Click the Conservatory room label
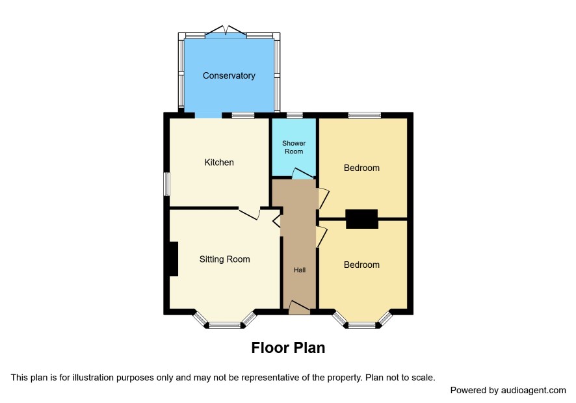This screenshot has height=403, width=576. pos(229,75)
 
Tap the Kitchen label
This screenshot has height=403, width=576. pos(219,162)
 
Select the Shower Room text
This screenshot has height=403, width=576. pos(294,148)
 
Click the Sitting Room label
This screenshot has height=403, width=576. pos(224,259)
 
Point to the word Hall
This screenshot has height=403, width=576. pos(300,270)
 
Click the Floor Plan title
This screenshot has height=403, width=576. pos(288,348)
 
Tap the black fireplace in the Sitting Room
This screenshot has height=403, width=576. pos(174,259)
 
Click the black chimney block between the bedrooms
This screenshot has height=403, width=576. pos(362,219)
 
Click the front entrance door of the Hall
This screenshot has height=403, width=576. pos(300,308)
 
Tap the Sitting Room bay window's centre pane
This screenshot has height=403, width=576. pos(225,325)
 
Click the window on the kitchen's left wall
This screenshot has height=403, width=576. pos(167,184)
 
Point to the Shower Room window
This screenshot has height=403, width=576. pos(295,115)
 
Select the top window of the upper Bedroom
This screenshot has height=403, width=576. pos(365,115)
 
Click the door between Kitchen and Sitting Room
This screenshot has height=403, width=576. pos(250,214)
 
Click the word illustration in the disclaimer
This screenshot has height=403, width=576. pos(94,378)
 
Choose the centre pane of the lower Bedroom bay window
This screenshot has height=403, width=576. pos(362,325)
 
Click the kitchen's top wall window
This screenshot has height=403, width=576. pos(243,115)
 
